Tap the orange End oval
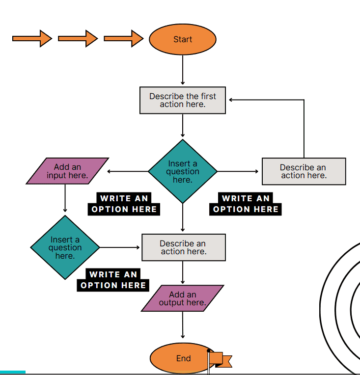pyautogui.click(x=172, y=358)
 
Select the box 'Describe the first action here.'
pyautogui.click(x=183, y=100)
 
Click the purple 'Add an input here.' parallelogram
pyautogui.click(x=67, y=171)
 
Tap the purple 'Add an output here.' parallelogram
pyautogui.click(x=182, y=298)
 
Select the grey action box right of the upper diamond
pyautogui.click(x=304, y=171)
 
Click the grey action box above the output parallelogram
pyautogui.click(x=183, y=247)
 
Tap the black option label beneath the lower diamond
pyautogui.click(x=113, y=280)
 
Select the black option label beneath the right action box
pyautogui.click(x=246, y=204)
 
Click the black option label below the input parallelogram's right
pyautogui.click(x=124, y=204)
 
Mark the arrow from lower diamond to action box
pyautogui.click(x=120, y=247)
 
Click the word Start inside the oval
pyautogui.click(x=183, y=39)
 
